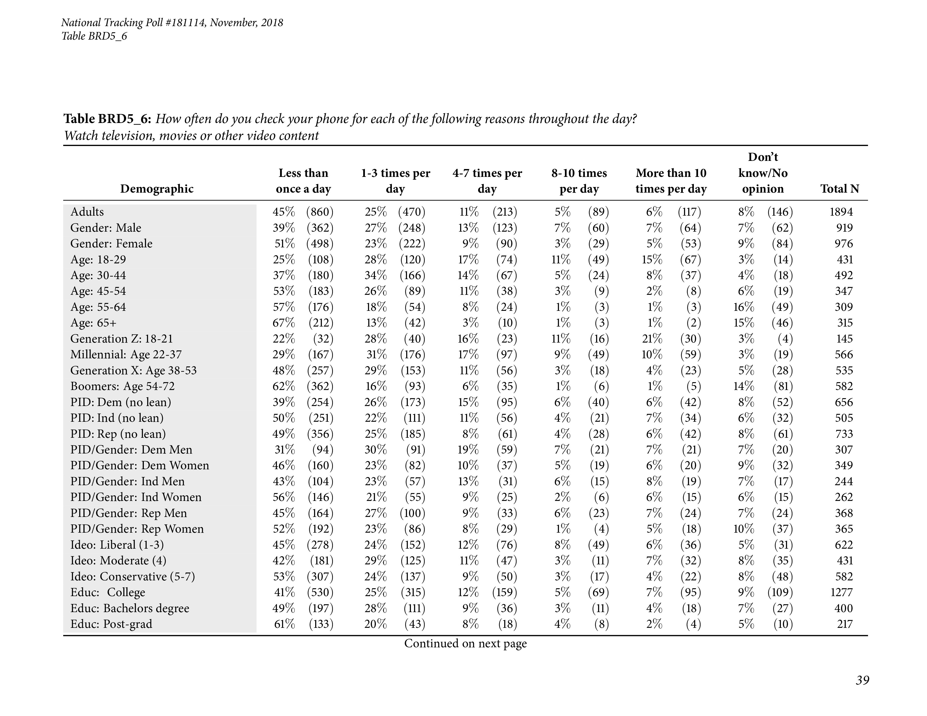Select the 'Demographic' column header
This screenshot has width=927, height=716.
tap(157, 189)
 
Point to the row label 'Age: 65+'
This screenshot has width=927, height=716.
tap(93, 323)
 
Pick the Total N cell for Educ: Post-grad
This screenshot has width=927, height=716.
tap(845, 624)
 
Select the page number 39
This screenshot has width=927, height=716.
tap(862, 680)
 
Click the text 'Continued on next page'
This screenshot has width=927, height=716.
tap(465, 644)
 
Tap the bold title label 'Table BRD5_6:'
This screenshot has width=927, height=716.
tap(107, 119)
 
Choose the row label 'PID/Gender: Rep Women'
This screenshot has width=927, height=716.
tap(137, 529)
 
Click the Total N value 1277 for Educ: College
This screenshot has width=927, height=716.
tap(841, 592)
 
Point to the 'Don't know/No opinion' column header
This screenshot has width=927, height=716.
tap(763, 173)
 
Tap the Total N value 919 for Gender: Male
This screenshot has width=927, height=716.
tap(844, 228)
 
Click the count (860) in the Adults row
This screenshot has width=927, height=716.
tap(320, 212)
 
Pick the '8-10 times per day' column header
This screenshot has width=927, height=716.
tap(579, 181)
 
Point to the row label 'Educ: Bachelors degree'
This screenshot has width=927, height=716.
tap(129, 608)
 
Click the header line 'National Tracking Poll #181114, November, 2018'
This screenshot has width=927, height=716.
tap(172, 22)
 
